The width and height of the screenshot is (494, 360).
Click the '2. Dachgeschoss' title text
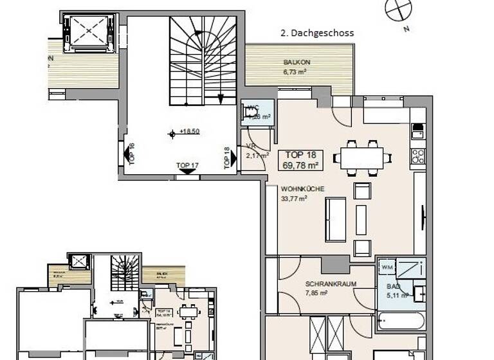pyautogui.click(x=317, y=33)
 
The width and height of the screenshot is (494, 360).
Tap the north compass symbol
pyautogui.click(x=398, y=9)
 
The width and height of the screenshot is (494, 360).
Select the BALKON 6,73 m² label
pyautogui.click(x=297, y=67)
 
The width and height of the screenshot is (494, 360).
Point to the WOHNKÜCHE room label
pyautogui.click(x=302, y=193)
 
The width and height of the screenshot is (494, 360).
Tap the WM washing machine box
pyautogui.click(x=387, y=267)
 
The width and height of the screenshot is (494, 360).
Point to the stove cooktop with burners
pyautogui.click(x=418, y=156)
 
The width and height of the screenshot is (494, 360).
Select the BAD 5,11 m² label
pyautogui.click(x=394, y=291)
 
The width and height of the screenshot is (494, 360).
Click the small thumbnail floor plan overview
pyautogui.click(x=116, y=305)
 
